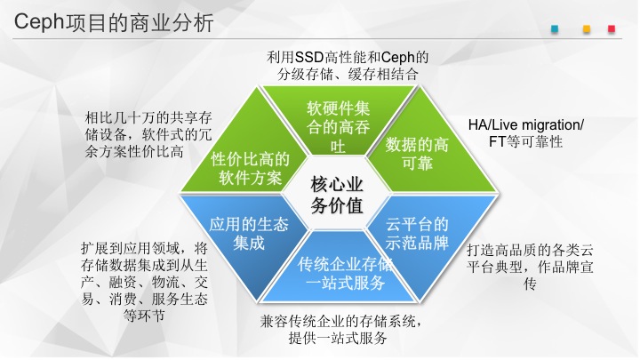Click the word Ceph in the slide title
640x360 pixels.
(39, 22)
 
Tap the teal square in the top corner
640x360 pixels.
(555, 29)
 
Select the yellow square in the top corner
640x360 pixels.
(587, 29)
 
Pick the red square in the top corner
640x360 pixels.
(612, 29)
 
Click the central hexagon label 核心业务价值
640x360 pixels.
(337, 195)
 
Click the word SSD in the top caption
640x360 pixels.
(309, 57)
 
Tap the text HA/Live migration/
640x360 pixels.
(525, 124)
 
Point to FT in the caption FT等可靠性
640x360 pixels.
(497, 141)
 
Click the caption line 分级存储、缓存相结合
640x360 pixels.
(348, 75)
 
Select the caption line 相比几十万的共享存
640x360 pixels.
(148, 118)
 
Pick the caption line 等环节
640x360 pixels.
(144, 316)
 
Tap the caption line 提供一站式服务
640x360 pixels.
(338, 338)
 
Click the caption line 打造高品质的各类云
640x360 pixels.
(530, 250)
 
